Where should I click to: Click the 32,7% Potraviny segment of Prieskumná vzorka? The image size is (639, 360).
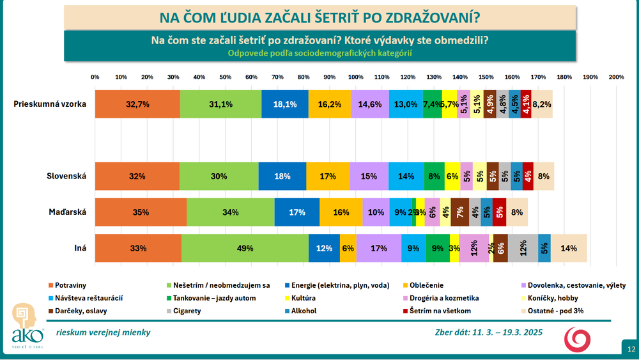pos(137,104)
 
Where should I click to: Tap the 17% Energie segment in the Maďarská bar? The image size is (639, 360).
pos(296,212)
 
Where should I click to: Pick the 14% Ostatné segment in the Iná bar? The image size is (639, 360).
pos(568,248)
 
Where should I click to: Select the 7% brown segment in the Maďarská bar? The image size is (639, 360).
pos(459,212)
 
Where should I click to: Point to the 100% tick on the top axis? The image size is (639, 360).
pos(355,77)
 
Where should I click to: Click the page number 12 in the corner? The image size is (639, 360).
pos(631,350)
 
